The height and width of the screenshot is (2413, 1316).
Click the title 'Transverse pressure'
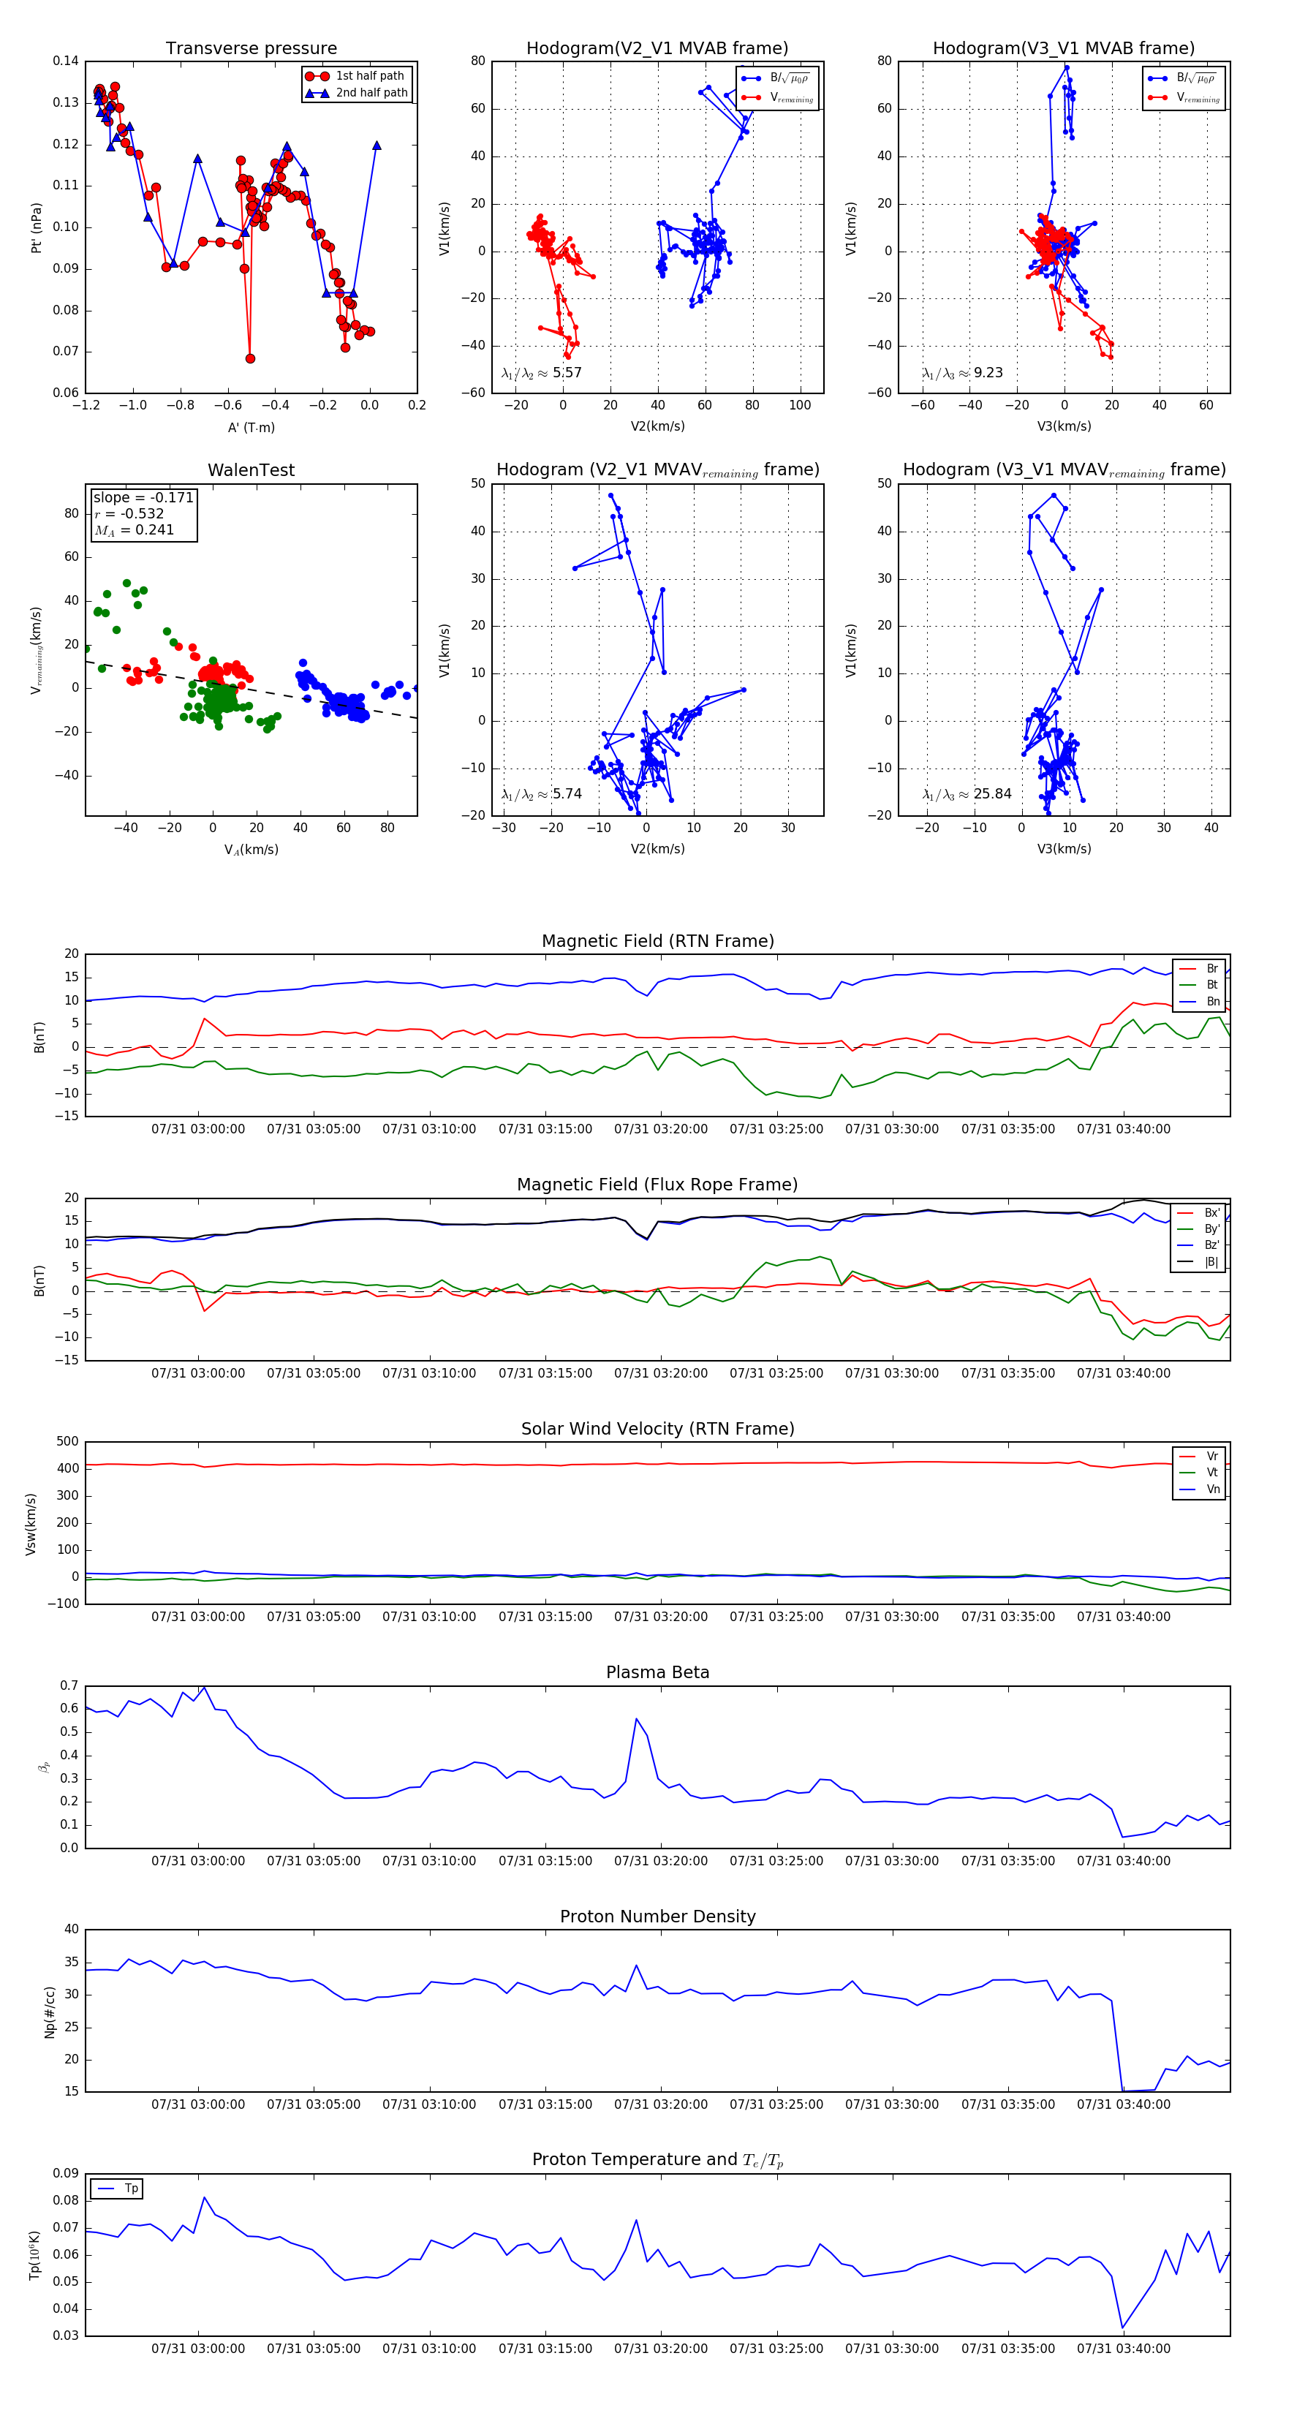click(251, 49)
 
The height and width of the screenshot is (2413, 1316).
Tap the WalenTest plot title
click(251, 470)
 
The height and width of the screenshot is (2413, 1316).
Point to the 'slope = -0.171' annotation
click(143, 497)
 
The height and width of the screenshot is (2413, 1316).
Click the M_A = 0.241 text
click(134, 530)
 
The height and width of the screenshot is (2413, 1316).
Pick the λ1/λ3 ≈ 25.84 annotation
click(967, 794)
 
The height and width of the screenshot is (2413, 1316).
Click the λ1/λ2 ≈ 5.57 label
click(541, 373)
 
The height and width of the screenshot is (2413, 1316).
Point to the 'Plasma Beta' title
click(657, 1672)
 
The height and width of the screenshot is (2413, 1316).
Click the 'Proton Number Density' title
click(657, 1917)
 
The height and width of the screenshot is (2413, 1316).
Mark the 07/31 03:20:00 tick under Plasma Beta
click(660, 1861)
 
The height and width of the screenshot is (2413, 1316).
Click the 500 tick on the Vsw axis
click(67, 1442)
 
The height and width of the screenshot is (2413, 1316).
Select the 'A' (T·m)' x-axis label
click(251, 427)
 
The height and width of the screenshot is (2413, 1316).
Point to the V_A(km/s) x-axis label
click(251, 850)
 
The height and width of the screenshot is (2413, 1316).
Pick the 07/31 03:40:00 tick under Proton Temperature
click(1123, 2349)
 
